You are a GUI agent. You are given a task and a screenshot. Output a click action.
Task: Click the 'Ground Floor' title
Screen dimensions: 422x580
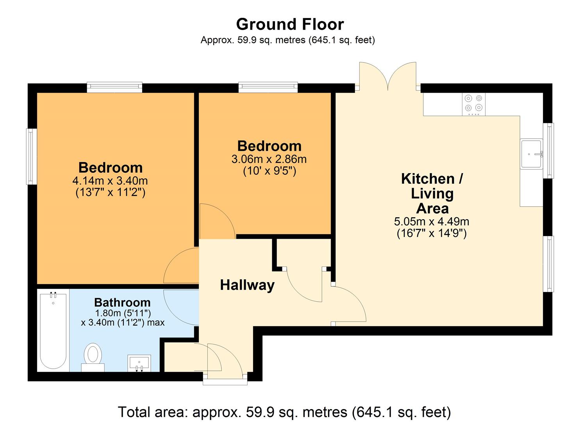tap(290, 24)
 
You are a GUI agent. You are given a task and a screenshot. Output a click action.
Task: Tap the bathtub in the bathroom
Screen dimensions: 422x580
tap(53, 330)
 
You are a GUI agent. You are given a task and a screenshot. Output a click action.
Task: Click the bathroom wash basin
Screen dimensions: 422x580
tap(139, 363)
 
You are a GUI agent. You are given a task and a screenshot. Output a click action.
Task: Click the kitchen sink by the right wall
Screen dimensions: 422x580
tap(532, 154)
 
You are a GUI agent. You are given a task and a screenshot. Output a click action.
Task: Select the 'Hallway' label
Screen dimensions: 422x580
tap(247, 285)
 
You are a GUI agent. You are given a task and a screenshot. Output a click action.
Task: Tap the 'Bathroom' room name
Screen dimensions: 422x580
tap(122, 302)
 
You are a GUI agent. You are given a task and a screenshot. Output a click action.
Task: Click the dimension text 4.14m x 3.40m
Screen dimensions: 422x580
tap(110, 181)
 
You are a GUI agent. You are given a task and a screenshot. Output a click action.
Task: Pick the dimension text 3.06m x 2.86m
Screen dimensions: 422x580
tap(269, 159)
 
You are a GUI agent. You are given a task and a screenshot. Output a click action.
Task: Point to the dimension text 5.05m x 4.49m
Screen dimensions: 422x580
tap(432, 222)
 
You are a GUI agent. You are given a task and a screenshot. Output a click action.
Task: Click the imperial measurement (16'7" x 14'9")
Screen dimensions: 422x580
tap(432, 234)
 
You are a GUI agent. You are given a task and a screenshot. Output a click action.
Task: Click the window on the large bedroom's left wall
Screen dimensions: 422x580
tap(32, 156)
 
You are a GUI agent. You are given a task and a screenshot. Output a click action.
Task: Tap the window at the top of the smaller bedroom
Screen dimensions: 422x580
tap(268, 87)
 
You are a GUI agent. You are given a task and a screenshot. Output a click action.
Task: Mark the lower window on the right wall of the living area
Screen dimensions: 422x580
tap(549, 264)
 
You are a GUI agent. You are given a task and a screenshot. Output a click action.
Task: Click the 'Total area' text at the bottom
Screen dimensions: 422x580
tap(284, 412)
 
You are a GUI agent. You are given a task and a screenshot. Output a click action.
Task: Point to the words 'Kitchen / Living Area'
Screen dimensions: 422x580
tap(432, 193)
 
